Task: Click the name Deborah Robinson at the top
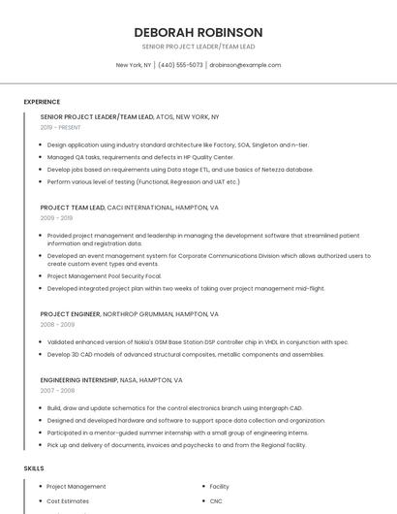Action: [198, 32]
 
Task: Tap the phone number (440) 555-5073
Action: [180, 65]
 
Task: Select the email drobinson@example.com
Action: [245, 65]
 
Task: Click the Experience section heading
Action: [42, 102]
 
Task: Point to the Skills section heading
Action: [34, 468]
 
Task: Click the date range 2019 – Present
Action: [61, 127]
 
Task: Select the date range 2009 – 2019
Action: [56, 218]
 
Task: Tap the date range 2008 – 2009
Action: [56, 325]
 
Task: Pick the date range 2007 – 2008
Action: [56, 390]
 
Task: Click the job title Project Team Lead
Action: [73, 208]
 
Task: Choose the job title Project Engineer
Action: [71, 314]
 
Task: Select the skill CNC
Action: [217, 501]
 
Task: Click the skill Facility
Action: [220, 486]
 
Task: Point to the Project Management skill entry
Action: [76, 486]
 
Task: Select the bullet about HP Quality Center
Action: [140, 156]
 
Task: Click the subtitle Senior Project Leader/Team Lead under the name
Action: [198, 46]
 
